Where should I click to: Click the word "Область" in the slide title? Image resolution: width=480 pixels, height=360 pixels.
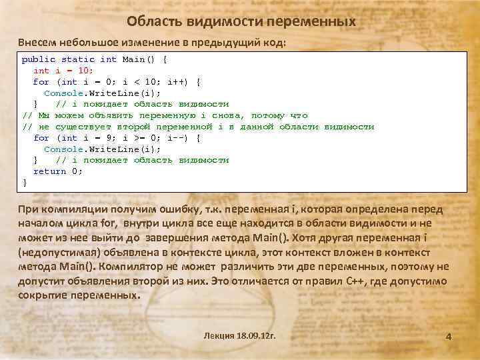(x=149, y=22)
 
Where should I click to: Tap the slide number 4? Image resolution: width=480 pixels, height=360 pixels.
(x=449, y=337)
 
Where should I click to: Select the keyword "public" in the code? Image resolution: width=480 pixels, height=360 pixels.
(x=39, y=59)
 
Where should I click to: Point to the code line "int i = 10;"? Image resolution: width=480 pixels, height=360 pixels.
(x=63, y=71)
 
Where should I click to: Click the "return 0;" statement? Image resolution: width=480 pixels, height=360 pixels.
(x=58, y=171)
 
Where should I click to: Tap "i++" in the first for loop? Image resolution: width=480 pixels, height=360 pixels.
(x=177, y=82)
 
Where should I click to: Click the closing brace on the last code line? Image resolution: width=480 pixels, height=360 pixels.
(x=25, y=182)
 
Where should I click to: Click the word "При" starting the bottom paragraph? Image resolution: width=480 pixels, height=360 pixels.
(x=28, y=210)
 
